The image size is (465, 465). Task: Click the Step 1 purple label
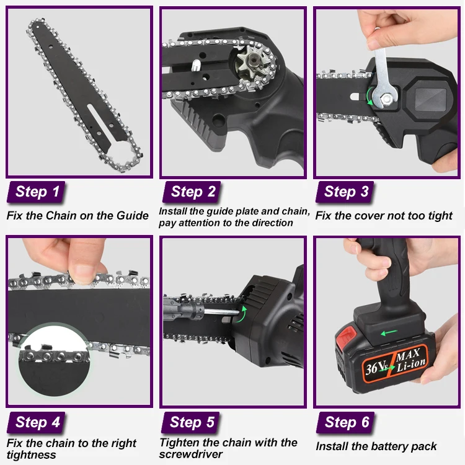click(36, 192)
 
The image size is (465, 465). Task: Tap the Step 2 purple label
click(192, 192)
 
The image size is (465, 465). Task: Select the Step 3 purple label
click(345, 192)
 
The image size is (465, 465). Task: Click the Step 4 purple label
click(36, 423)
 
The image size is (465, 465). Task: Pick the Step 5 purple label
click(191, 423)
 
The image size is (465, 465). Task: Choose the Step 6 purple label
click(345, 423)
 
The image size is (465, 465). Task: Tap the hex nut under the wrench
click(386, 99)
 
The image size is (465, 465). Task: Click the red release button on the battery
click(347, 335)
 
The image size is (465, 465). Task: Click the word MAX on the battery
click(408, 355)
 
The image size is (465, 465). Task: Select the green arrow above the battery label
click(389, 332)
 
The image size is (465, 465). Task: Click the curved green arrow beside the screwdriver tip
click(241, 314)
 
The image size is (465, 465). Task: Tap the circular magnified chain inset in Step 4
click(55, 360)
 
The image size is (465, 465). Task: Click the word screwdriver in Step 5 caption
click(191, 454)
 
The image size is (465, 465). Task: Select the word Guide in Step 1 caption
click(132, 216)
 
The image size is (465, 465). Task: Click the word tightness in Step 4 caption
click(31, 455)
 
